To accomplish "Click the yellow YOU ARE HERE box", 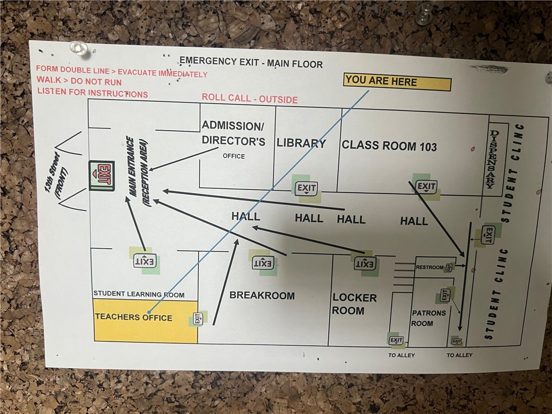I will (397, 82).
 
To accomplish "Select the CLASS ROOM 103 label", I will (389, 146).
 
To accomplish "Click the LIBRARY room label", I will (301, 143).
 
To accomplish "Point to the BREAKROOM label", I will (262, 295).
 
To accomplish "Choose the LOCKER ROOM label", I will (354, 304).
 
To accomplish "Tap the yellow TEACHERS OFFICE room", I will (146, 321).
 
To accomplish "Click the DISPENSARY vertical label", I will (491, 160).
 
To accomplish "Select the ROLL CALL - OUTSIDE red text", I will (250, 99).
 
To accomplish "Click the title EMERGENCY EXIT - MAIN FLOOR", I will (251, 63).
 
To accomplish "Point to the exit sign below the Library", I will (306, 189).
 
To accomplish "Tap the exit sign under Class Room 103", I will (426, 187).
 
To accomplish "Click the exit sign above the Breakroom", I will (263, 263).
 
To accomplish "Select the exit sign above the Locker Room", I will (364, 264).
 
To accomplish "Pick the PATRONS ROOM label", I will (429, 318).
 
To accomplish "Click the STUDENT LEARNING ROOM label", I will (139, 294).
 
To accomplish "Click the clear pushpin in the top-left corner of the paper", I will (80, 48).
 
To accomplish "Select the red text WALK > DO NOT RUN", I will (79, 82).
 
